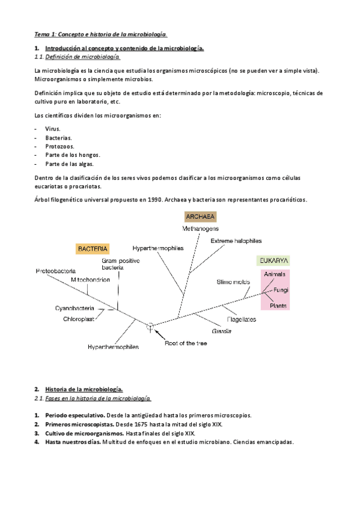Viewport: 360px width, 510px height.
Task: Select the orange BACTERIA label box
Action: [92, 248]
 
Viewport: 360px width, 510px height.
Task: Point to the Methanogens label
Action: [201, 229]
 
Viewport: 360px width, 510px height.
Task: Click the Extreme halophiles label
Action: [236, 241]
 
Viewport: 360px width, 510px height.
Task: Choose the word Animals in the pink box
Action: [275, 274]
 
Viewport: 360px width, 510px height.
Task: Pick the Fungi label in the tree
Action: [281, 290]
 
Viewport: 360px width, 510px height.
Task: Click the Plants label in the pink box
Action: [277, 306]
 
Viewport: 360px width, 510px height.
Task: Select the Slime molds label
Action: [233, 282]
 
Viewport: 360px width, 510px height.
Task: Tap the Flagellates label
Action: [242, 319]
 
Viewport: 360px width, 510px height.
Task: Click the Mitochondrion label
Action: [90, 280]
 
